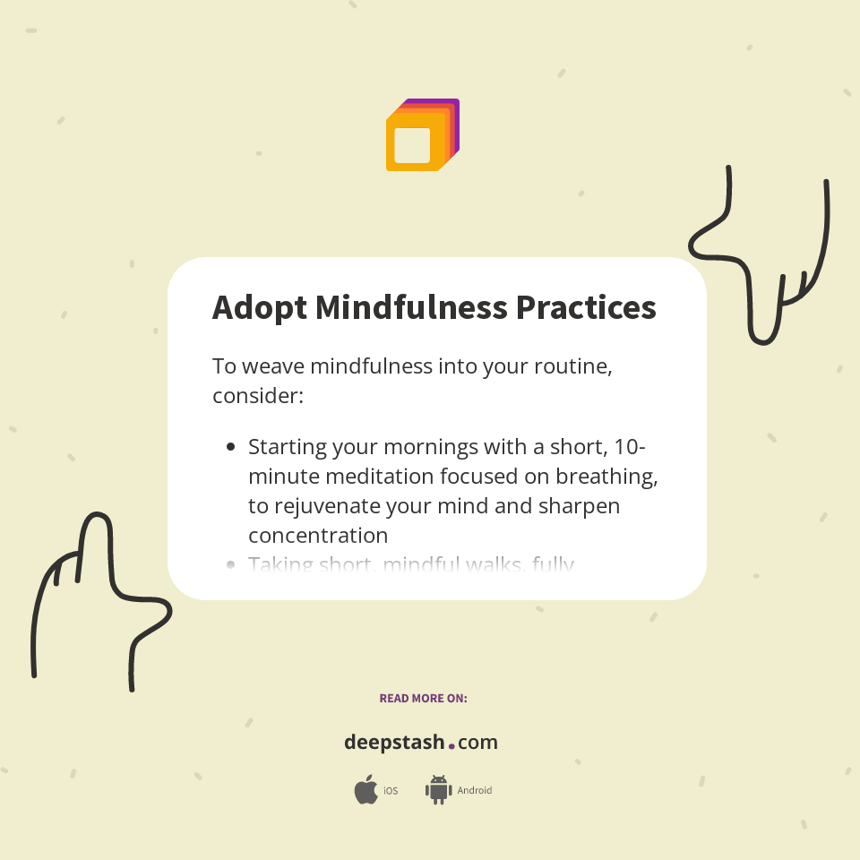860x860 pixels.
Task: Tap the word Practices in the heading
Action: coord(586,307)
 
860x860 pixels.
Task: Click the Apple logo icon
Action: coord(365,790)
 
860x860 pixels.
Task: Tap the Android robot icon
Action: coord(438,789)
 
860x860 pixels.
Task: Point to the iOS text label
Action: coord(391,791)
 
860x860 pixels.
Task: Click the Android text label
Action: coord(475,791)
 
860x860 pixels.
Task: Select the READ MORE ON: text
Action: coord(423,698)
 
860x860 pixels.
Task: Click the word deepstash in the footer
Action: coord(394,743)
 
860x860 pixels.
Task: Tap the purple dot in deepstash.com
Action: coord(451,744)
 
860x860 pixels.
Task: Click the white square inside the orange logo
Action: coord(412,145)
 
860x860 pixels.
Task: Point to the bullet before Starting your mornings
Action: coord(231,446)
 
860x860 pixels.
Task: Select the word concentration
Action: coord(318,536)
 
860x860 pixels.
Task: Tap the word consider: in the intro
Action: coord(258,395)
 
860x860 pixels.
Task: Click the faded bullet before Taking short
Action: coord(231,564)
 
